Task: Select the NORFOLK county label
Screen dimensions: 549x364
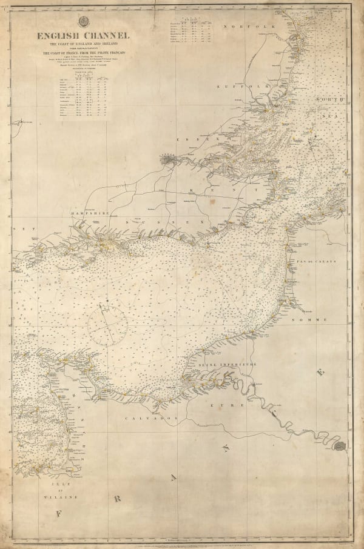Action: pos(241,28)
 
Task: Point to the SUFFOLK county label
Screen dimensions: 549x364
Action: pos(234,87)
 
